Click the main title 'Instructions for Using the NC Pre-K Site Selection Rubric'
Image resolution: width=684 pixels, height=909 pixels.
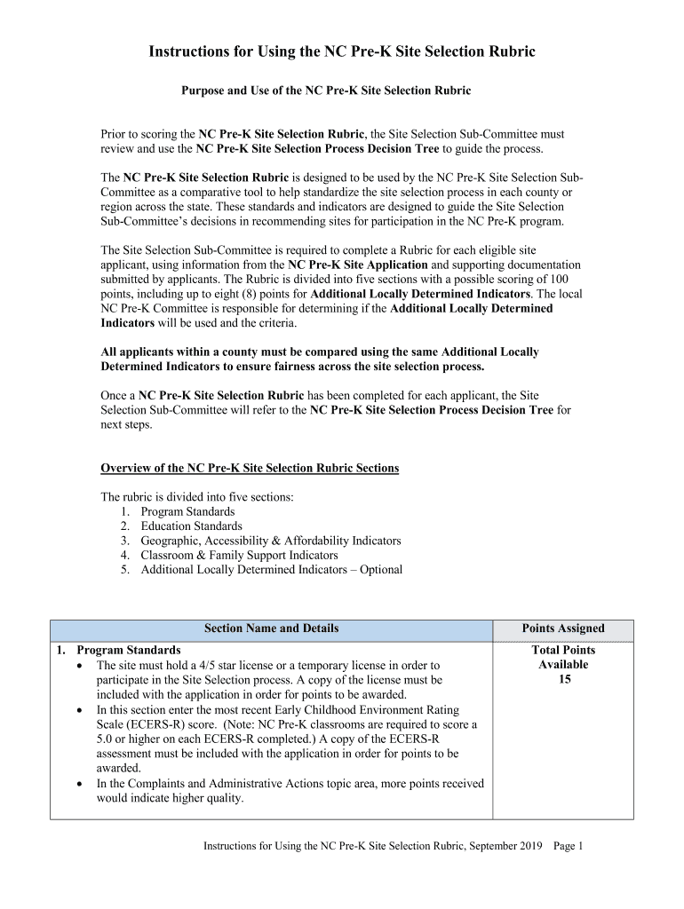click(x=341, y=51)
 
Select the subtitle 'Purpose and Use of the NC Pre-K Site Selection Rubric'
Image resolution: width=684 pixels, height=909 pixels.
click(x=326, y=91)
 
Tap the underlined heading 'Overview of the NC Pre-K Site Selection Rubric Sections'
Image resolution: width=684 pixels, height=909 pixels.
click(x=250, y=468)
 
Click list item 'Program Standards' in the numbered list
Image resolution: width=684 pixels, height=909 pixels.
click(x=187, y=511)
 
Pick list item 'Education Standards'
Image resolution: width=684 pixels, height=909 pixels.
click(x=191, y=526)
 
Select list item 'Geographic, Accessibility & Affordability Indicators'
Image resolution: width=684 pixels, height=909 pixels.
click(x=271, y=541)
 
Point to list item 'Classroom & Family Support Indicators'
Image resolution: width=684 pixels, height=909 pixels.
click(x=239, y=555)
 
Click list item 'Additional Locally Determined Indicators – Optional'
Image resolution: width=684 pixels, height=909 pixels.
click(x=271, y=569)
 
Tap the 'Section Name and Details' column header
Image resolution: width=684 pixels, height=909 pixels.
click(x=271, y=628)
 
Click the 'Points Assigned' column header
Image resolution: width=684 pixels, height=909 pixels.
click(x=563, y=628)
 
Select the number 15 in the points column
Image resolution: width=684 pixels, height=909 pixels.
click(x=563, y=679)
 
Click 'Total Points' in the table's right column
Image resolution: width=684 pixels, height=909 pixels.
click(x=563, y=651)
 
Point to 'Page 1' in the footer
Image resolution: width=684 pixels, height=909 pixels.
click(x=568, y=846)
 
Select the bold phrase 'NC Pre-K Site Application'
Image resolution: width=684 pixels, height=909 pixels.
click(x=358, y=265)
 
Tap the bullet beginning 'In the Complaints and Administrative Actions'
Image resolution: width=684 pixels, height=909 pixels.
click(x=290, y=783)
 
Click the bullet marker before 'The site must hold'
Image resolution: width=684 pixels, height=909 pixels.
click(x=82, y=666)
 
